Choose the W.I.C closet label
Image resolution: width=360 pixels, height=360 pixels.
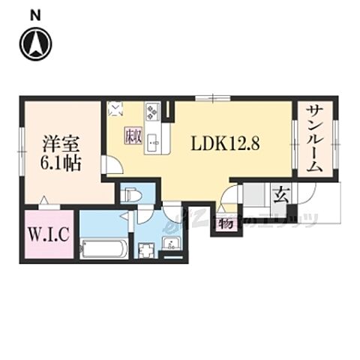[49, 235]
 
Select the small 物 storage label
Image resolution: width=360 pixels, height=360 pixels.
[224, 223]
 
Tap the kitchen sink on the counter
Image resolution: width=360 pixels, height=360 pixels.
[153, 142]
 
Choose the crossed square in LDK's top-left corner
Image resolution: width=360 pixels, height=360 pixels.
[115, 108]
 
